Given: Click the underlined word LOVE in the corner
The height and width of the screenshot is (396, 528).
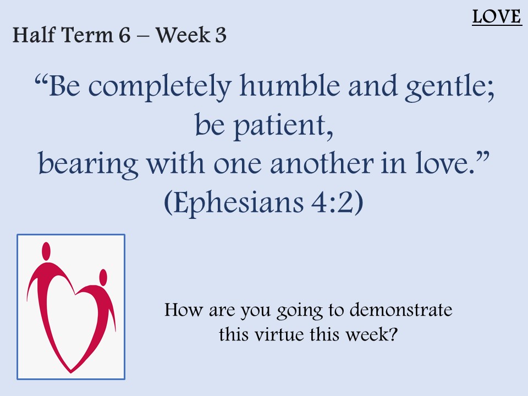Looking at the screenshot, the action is [x=497, y=17].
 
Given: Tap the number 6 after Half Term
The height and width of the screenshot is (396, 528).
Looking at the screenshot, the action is [x=124, y=35].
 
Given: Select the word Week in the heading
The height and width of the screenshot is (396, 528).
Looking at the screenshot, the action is [x=183, y=35].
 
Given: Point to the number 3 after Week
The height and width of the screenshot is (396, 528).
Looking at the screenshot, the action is [x=221, y=35].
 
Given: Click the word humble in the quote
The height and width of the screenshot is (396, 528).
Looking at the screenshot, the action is [x=290, y=86].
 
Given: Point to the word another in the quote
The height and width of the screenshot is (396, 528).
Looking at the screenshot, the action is [x=322, y=164].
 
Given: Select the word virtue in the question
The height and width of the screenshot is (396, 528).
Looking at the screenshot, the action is [x=279, y=334].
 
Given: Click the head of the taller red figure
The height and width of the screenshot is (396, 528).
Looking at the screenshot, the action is [x=46, y=251].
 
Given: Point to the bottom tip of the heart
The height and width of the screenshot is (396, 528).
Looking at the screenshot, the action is [x=71, y=372].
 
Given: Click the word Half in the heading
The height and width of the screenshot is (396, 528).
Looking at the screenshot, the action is [x=34, y=35].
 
